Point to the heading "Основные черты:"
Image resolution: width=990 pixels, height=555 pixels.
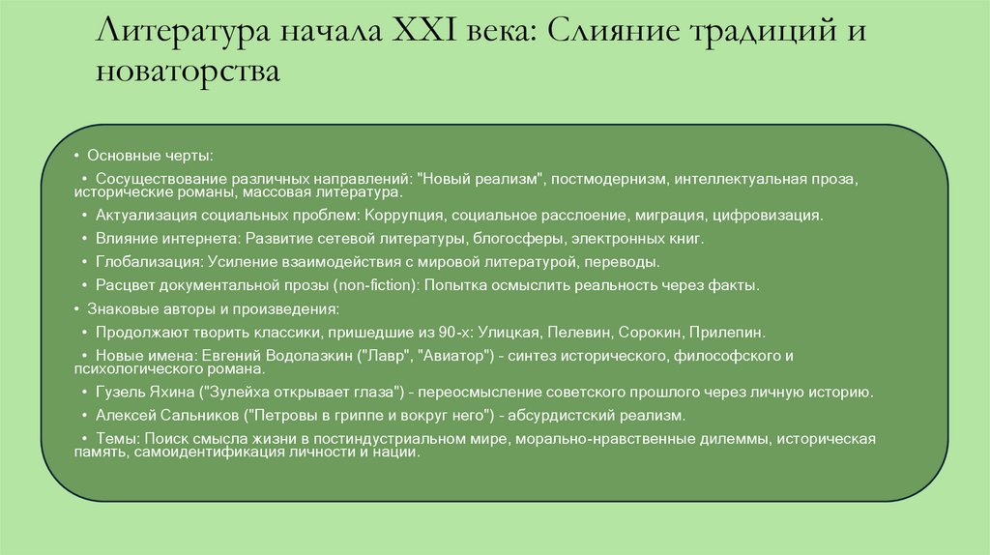tap(150, 155)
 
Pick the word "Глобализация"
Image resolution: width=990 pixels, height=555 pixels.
tap(147, 261)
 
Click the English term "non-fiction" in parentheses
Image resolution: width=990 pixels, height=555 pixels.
tap(369, 285)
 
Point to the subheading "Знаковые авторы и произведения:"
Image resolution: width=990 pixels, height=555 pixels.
tap(213, 308)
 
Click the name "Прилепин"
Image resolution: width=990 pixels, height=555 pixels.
tap(726, 332)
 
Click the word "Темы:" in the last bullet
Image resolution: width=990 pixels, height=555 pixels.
tap(118, 440)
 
